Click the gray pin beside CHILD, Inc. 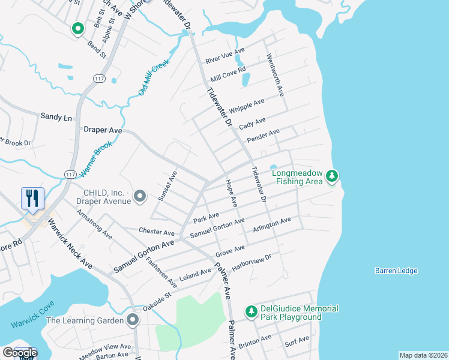point(140,196)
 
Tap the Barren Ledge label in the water point(396,271)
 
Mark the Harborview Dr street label point(252,261)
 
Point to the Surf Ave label point(297,341)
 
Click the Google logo point(19,353)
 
